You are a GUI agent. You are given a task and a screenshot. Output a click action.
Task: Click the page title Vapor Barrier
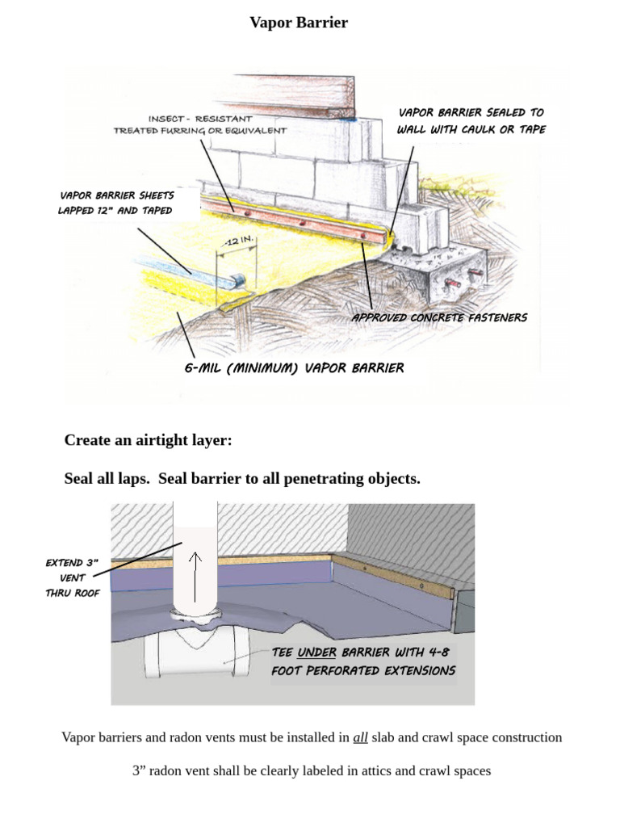pos(299,23)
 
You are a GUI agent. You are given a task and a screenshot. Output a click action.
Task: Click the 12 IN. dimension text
pos(238,241)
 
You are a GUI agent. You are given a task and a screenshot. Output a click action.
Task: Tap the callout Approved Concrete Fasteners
pos(439,317)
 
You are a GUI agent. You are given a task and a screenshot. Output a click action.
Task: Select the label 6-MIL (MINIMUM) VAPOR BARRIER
pos(294,368)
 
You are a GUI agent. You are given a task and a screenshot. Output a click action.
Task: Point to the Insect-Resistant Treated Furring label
pos(199,124)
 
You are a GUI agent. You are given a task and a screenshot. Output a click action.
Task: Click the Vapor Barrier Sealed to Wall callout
pos(471,121)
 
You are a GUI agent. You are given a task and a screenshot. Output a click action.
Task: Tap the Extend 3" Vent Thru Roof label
pos(73,577)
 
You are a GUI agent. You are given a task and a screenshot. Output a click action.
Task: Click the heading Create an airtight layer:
pos(148,440)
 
